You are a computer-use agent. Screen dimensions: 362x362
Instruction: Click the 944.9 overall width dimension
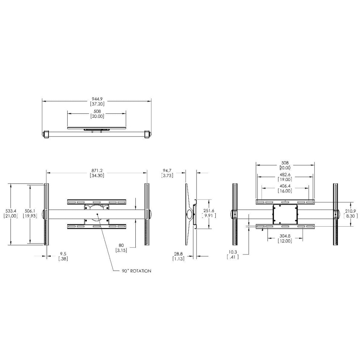click(x=97, y=98)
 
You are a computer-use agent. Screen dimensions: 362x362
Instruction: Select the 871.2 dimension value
click(x=97, y=170)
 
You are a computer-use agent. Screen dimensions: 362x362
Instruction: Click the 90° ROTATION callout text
click(x=136, y=271)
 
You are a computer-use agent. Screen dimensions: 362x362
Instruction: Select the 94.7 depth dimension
click(x=167, y=170)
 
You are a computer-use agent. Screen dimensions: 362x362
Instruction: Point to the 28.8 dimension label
click(x=178, y=254)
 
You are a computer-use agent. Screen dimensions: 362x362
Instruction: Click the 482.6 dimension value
click(x=285, y=174)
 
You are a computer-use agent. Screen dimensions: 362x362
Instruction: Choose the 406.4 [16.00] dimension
click(x=285, y=188)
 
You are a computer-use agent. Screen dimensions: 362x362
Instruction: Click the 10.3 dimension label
click(x=232, y=252)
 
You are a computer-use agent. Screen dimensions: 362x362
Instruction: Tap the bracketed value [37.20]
click(x=97, y=103)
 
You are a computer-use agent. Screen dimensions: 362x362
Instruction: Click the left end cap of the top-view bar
click(x=46, y=134)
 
